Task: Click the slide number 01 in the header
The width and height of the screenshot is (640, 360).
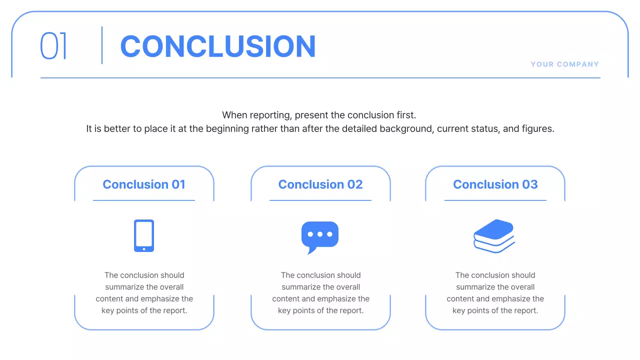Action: click(53, 46)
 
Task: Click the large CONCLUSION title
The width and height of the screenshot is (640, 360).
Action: click(218, 46)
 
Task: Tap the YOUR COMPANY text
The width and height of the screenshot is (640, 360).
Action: click(564, 64)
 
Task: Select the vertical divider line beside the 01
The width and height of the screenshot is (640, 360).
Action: click(102, 45)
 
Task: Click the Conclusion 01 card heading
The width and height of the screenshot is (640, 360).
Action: click(144, 184)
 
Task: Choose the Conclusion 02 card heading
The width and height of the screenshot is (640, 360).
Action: click(320, 184)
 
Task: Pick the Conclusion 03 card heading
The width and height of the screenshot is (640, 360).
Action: click(495, 184)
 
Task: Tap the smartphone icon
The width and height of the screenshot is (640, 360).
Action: click(144, 235)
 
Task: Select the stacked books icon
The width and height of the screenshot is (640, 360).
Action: click(494, 236)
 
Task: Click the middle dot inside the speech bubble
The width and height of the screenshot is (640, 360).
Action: click(320, 234)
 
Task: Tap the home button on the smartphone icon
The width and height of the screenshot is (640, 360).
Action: click(144, 248)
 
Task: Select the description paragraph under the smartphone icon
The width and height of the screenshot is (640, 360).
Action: click(144, 292)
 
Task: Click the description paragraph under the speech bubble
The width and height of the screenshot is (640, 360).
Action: click(320, 292)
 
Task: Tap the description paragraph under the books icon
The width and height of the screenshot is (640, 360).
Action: click(495, 292)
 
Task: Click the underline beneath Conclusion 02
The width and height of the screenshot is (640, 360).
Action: click(320, 200)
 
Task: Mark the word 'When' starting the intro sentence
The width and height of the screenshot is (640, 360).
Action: click(234, 115)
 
